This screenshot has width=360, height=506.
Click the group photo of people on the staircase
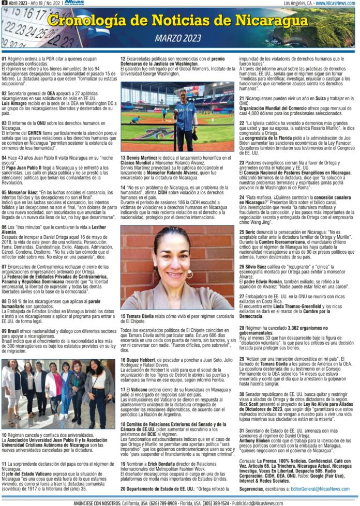59,386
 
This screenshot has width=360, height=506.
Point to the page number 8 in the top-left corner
4,3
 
